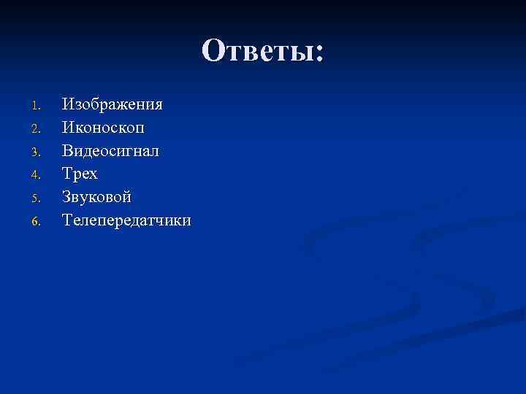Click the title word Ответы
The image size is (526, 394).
tap(257, 51)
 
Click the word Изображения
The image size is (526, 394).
tap(113, 104)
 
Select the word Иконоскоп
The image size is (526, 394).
tap(103, 128)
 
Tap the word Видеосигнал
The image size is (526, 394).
tap(110, 151)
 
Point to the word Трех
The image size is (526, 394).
tap(80, 174)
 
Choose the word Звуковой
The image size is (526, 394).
tap(97, 197)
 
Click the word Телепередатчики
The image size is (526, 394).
tap(127, 220)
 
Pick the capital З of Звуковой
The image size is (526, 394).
tap(67, 197)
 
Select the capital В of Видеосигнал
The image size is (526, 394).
tap(68, 151)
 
